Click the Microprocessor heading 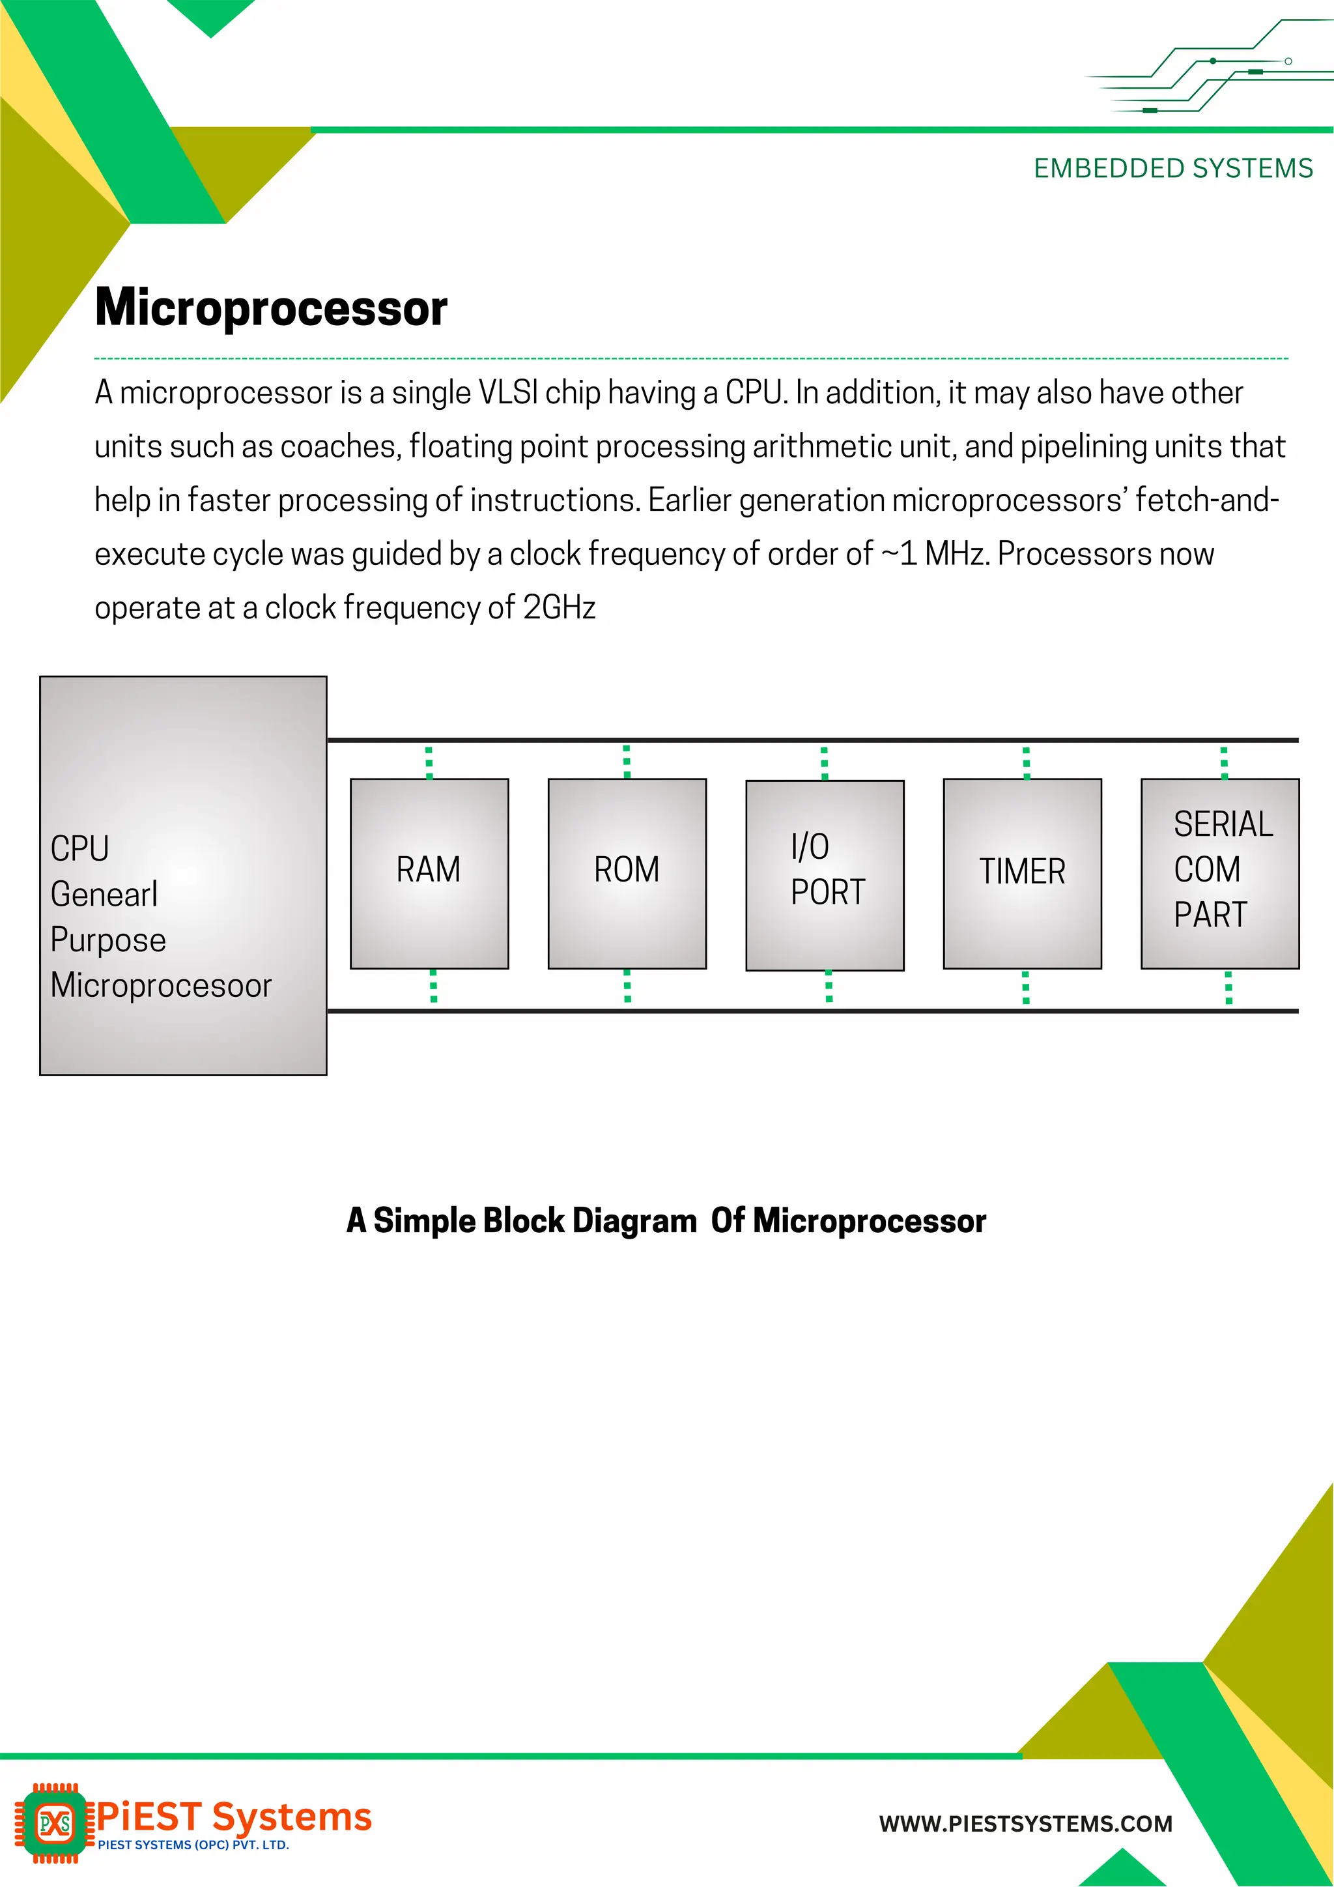tap(271, 308)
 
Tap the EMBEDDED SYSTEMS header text tap(1172, 169)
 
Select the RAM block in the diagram tap(429, 873)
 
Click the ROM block tap(627, 873)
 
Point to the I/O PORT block tap(825, 874)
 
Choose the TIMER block tap(1022, 873)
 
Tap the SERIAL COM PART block tap(1220, 873)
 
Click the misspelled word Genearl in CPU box tap(104, 894)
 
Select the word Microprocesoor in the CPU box tap(161, 985)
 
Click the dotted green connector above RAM tap(429, 762)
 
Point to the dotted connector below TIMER tap(1025, 988)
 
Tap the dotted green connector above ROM tap(627, 762)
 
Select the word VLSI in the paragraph tap(507, 393)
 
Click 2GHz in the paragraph tap(559, 608)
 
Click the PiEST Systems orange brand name tap(234, 1817)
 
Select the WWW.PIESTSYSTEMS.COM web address tap(1025, 1824)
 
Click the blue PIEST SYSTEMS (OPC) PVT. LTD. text tap(193, 1845)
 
